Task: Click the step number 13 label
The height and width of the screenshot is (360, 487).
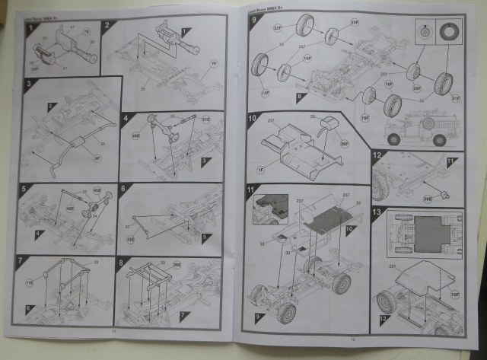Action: click(x=377, y=211)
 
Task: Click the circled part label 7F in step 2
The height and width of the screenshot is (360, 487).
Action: click(x=213, y=63)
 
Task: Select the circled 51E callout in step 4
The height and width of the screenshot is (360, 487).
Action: click(x=205, y=120)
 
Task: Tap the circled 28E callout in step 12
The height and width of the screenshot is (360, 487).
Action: click(x=428, y=198)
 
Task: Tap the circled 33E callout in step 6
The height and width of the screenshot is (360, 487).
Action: click(x=129, y=238)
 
